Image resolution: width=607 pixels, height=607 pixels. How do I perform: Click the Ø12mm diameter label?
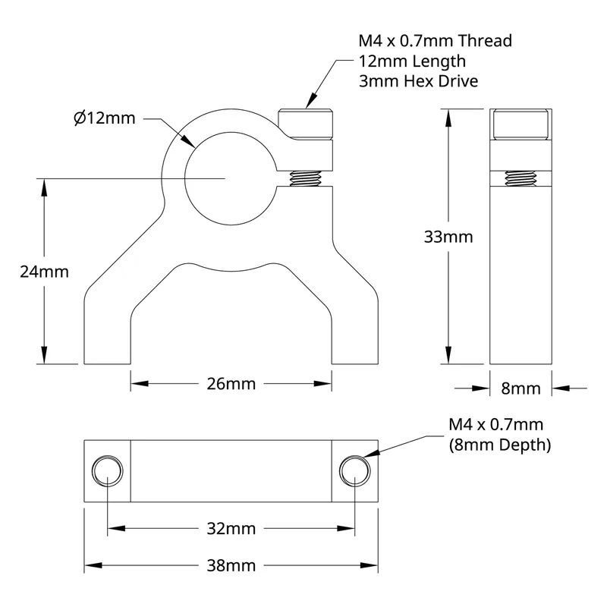[105, 118]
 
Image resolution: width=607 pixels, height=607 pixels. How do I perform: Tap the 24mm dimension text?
[44, 272]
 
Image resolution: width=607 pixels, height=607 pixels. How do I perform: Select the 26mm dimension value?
[231, 384]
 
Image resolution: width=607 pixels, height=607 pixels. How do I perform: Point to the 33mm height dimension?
[448, 237]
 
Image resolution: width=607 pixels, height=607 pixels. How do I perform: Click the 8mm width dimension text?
[521, 388]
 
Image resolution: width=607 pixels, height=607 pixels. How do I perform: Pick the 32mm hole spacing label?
[231, 528]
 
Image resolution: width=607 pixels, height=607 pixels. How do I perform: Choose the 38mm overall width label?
[231, 565]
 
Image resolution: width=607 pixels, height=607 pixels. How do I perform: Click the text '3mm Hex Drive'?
[419, 81]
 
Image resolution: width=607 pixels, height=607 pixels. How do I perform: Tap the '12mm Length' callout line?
[412, 61]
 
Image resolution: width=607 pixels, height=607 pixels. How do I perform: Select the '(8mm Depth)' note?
[500, 445]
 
